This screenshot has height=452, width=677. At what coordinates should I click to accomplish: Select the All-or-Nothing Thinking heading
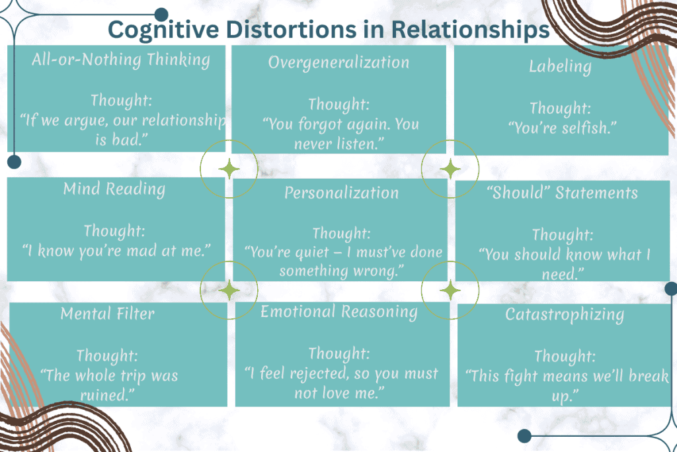(120, 60)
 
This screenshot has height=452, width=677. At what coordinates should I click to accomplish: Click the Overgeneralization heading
(338, 62)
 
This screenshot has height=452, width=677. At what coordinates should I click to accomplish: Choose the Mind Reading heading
(114, 189)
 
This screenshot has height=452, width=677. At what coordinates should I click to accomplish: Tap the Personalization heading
(341, 193)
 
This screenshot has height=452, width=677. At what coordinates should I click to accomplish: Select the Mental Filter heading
(107, 314)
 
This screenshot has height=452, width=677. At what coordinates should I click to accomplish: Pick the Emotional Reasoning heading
(338, 312)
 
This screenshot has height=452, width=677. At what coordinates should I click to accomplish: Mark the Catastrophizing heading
(564, 314)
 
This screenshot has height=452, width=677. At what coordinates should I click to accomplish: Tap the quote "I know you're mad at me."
(116, 251)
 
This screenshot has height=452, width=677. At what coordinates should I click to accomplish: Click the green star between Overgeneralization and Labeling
(450, 169)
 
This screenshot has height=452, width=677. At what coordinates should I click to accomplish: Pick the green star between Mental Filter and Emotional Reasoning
(229, 290)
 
